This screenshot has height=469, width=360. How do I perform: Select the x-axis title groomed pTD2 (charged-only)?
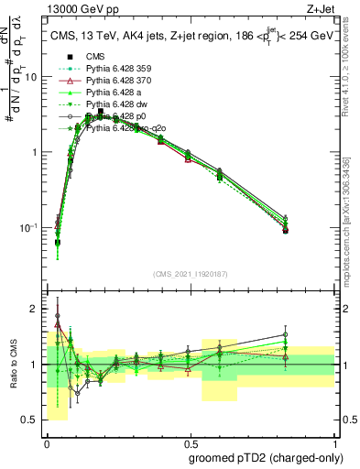pyautogui.click(x=267, y=456)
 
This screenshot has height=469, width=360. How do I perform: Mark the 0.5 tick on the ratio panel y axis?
pyautogui.click(x=32, y=420)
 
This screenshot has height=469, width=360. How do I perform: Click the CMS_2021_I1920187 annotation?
pyautogui.click(x=190, y=273)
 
